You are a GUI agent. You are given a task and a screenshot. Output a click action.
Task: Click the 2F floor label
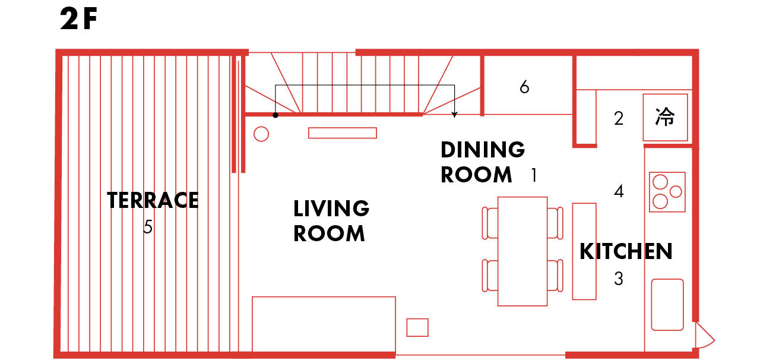(x=79, y=18)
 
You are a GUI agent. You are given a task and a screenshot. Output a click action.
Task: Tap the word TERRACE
(x=153, y=200)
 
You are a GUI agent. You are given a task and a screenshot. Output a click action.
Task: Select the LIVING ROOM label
(x=331, y=221)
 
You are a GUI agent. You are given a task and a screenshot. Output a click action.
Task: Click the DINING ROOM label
(x=483, y=162)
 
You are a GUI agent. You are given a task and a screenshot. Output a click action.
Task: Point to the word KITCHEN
(x=626, y=251)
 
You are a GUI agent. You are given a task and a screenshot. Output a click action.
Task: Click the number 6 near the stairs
(x=524, y=87)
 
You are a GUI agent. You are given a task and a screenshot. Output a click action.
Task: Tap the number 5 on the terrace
(x=148, y=226)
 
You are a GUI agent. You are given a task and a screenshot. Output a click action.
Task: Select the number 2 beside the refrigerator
(x=619, y=119)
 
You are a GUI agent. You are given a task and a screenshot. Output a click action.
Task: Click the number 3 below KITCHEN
(x=619, y=279)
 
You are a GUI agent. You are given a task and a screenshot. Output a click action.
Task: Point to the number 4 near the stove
(x=619, y=191)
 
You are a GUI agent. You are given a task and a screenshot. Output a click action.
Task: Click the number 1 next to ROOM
(x=534, y=175)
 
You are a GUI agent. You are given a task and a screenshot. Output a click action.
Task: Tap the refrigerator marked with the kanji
(x=666, y=117)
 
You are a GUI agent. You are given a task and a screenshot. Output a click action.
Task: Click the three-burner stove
(x=667, y=192)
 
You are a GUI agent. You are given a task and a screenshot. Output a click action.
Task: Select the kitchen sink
(x=667, y=305)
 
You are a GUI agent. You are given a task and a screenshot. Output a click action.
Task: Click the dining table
(x=522, y=251)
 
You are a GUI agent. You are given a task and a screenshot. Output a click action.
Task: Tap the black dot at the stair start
(x=275, y=115)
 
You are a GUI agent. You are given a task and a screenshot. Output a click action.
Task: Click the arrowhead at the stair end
(x=455, y=115)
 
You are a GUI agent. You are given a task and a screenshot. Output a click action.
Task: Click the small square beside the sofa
(x=417, y=327)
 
